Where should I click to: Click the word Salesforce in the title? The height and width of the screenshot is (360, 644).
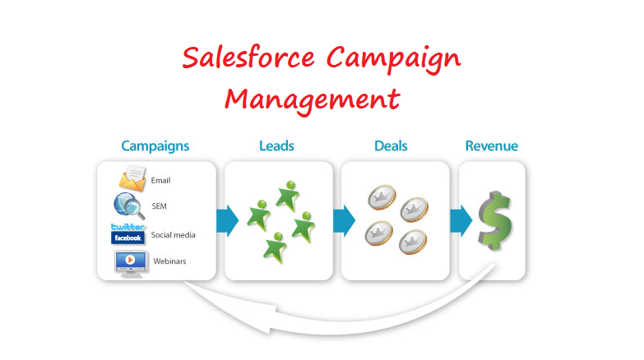[248, 57]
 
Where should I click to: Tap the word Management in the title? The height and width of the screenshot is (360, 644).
[313, 100]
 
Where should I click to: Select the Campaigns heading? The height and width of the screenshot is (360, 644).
[155, 146]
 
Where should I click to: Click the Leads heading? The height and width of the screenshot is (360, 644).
[276, 145]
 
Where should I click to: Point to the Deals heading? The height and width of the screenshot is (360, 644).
[391, 145]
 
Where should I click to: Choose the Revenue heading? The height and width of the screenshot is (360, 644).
[492, 145]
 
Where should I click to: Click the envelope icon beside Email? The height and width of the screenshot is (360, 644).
[132, 178]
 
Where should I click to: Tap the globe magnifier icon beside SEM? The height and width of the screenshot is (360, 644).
[129, 205]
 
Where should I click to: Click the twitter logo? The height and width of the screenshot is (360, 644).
[127, 227]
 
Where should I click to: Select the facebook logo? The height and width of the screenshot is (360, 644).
[127, 238]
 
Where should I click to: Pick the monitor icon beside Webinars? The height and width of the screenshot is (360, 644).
[131, 264]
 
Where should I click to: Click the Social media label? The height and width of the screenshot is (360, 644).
[174, 235]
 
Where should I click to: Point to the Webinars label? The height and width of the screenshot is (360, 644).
[169, 261]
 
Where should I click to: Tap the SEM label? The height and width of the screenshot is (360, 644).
[160, 206]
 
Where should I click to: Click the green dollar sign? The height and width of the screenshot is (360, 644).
[495, 220]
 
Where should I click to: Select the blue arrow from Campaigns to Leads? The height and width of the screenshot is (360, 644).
[227, 220]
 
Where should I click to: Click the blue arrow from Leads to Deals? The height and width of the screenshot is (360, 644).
[344, 220]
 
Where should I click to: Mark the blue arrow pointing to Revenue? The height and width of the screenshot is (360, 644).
[461, 220]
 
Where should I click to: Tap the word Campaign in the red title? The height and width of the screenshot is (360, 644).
[393, 58]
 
